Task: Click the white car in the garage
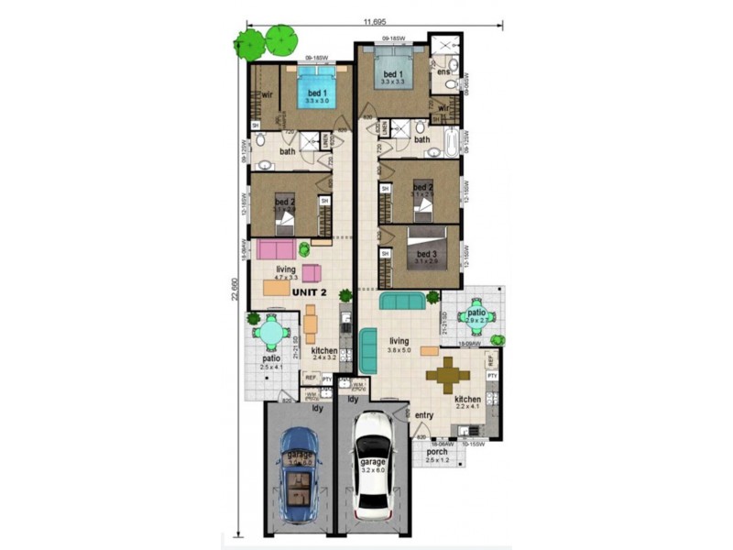(374, 466)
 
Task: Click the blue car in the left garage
(298, 475)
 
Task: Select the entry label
(423, 415)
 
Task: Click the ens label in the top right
(443, 71)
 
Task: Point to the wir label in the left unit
(268, 93)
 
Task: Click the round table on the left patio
(272, 332)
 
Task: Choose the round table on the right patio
(476, 316)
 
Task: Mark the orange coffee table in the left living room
(276, 288)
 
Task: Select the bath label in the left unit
(287, 151)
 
